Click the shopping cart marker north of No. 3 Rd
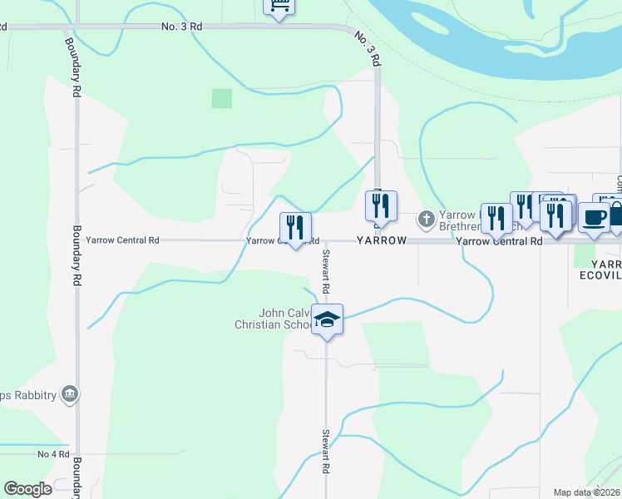click(x=279, y=7)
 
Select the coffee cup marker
click(x=594, y=218)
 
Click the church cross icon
click(x=426, y=220)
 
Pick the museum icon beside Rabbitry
click(x=70, y=393)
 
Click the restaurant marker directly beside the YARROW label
click(x=382, y=207)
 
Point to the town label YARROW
click(x=382, y=240)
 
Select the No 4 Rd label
click(x=52, y=454)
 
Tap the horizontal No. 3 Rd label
click(x=181, y=27)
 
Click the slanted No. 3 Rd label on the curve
click(x=367, y=48)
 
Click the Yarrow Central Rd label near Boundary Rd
click(x=122, y=240)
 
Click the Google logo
click(x=28, y=489)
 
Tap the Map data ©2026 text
click(x=586, y=492)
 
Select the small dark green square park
click(x=222, y=98)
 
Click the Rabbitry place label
click(x=28, y=393)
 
